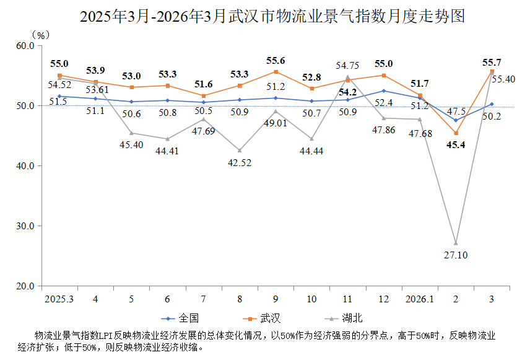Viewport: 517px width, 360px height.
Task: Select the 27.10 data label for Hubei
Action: (x=456, y=254)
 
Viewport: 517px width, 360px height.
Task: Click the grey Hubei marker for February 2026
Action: (x=456, y=243)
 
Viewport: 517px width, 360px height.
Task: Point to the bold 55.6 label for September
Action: (x=276, y=61)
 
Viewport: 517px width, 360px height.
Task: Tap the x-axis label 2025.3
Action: (x=59, y=299)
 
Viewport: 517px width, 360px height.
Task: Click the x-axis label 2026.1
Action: (x=419, y=299)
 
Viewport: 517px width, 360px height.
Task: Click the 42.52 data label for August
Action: (x=240, y=163)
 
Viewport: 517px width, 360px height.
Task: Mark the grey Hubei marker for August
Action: (x=240, y=151)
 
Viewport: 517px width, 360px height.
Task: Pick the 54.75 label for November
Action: (x=347, y=65)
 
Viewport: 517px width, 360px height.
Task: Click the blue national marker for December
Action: (x=384, y=91)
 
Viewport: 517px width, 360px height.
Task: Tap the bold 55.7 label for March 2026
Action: (x=492, y=62)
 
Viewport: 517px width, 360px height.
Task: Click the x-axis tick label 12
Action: (x=384, y=299)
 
